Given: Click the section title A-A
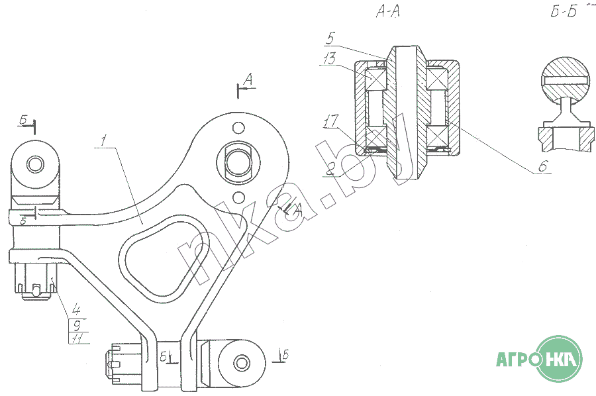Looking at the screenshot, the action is [388, 12].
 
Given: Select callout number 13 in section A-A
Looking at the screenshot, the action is [329, 58].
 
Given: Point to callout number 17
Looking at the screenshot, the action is [330, 121].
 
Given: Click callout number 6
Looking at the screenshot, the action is [543, 166].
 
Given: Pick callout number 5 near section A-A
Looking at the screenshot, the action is [330, 38].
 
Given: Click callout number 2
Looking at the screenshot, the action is [330, 170].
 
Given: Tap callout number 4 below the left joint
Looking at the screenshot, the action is [76, 311].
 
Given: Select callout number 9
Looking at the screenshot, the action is [76, 325].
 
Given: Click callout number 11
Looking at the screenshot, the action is [77, 338].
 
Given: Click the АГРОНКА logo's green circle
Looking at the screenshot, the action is [559, 358].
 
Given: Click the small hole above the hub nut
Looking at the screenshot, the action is [238, 127].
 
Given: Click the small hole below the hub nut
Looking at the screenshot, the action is [238, 197].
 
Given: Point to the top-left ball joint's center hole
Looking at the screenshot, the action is [35, 164].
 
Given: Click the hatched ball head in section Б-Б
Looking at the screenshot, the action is [566, 81].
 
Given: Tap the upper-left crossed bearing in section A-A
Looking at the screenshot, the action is [376, 79].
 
